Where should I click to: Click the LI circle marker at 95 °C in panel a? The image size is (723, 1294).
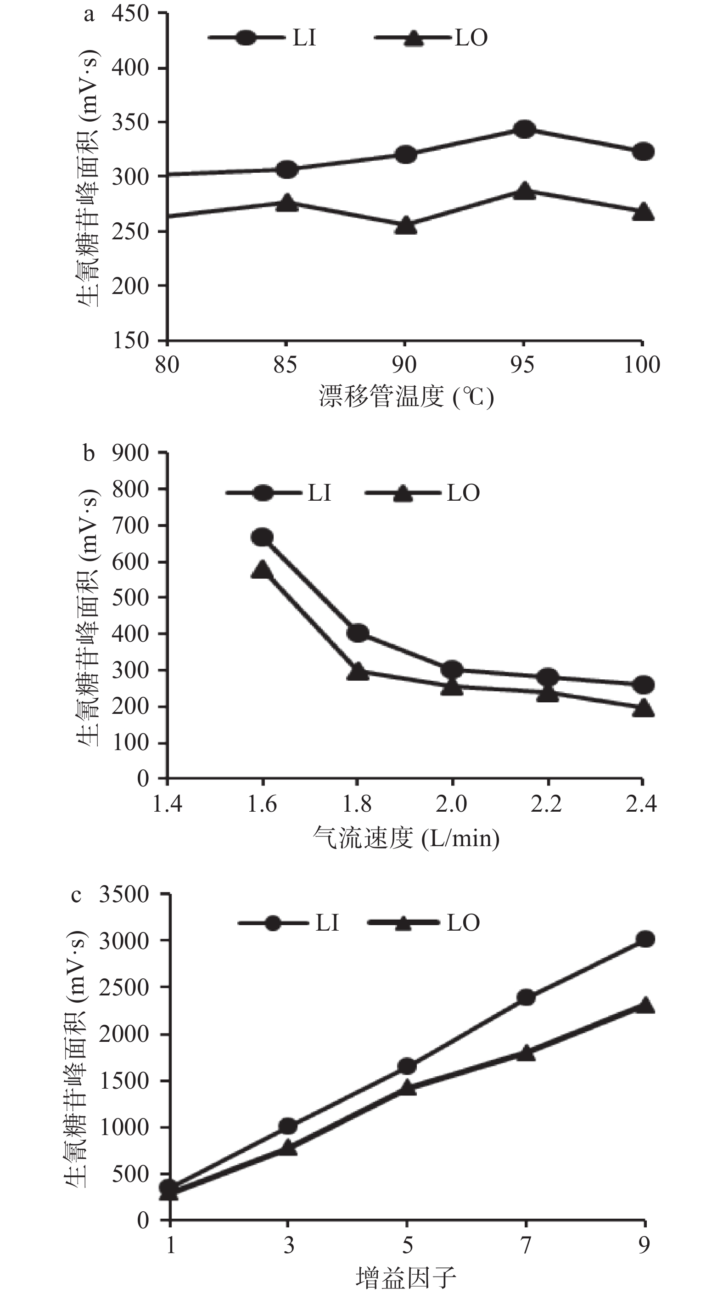point(524,129)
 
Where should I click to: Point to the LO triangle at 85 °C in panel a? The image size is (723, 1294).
point(287,203)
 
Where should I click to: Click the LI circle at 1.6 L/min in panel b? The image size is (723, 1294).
point(262,537)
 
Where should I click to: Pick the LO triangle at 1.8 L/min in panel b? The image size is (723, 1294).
point(358,671)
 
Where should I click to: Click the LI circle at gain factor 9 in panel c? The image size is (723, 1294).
point(645,939)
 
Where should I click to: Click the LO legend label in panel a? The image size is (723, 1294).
point(471,38)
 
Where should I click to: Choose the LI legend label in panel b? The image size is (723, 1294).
point(319,493)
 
